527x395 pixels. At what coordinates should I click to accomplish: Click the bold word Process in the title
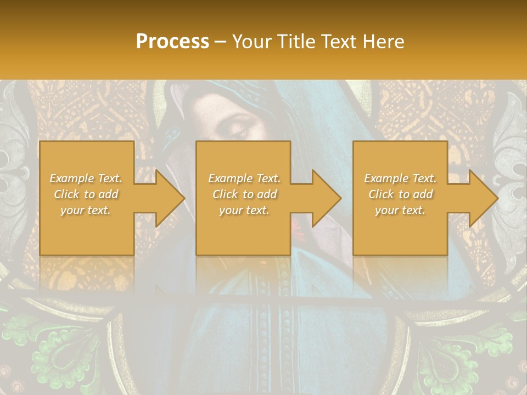click(172, 42)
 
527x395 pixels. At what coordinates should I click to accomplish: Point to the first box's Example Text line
click(86, 178)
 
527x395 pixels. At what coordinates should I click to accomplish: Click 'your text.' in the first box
click(86, 210)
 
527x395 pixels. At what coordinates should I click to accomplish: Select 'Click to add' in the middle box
click(244, 194)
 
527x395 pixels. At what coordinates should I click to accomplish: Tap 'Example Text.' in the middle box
click(244, 178)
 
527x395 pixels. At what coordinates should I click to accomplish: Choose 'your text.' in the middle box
click(244, 210)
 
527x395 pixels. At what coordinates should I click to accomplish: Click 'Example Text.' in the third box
click(400, 178)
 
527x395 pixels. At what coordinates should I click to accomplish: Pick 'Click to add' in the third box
click(400, 194)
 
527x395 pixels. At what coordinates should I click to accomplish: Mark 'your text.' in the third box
click(400, 210)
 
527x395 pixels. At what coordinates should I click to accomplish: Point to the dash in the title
click(220, 42)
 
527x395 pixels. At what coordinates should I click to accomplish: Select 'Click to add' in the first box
click(86, 194)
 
